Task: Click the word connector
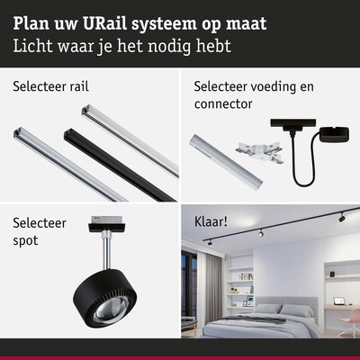[224, 103]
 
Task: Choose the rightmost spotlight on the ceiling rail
[342, 217]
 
